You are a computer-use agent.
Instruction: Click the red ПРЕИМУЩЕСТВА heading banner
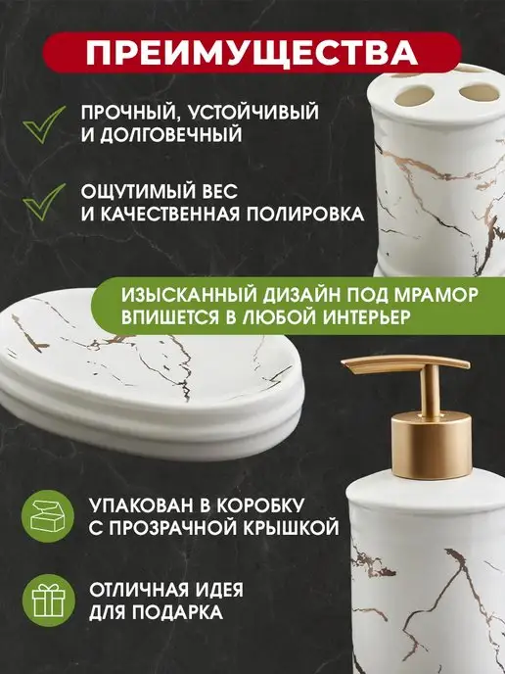[x=252, y=53]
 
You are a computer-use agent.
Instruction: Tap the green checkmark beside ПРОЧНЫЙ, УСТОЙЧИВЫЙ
[x=43, y=124]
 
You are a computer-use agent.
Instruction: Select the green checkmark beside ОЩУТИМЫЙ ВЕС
[x=43, y=202]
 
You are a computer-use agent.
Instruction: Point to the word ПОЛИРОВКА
[x=304, y=214]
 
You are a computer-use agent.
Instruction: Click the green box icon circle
[x=48, y=516]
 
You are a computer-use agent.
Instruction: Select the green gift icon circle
[x=49, y=601]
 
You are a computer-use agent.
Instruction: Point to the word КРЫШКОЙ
[x=295, y=528]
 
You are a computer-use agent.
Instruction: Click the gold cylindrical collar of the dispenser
[x=432, y=445]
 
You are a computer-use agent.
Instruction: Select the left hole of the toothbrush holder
[x=414, y=96]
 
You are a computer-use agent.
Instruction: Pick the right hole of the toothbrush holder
[x=479, y=92]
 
